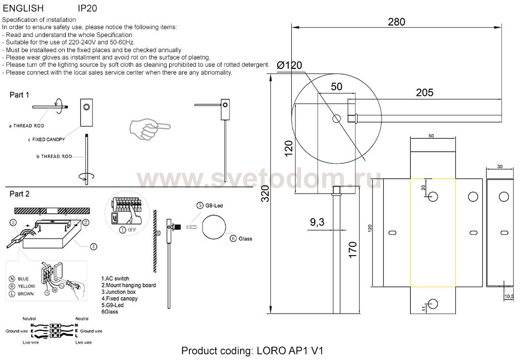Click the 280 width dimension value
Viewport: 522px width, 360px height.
(x=396, y=22)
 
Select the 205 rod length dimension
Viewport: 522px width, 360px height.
(x=424, y=93)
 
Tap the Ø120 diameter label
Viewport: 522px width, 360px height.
(x=290, y=66)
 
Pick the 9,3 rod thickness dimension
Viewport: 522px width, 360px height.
(x=317, y=222)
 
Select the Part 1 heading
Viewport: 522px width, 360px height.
(x=19, y=95)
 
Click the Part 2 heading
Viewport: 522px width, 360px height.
(x=19, y=194)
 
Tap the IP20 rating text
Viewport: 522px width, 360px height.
(x=87, y=8)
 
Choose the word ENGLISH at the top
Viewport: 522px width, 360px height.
(x=23, y=8)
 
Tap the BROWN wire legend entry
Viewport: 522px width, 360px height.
(x=22, y=294)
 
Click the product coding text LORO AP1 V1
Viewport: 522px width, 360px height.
(x=253, y=351)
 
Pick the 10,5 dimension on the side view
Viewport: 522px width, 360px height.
(x=508, y=297)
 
